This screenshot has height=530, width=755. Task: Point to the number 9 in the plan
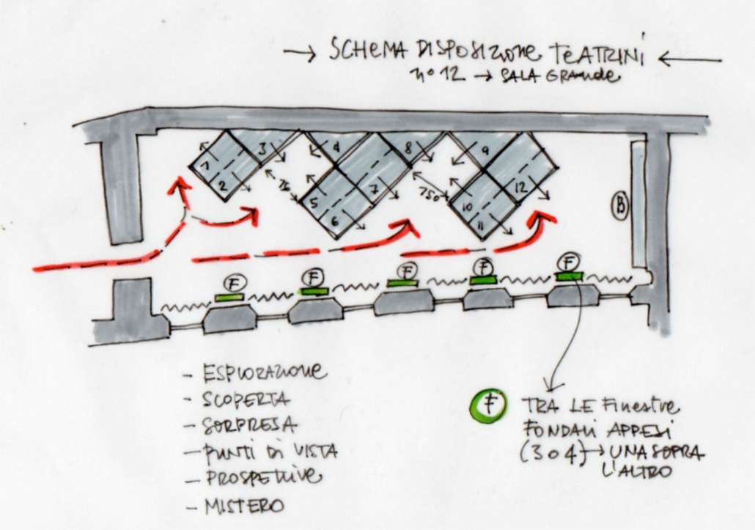(x=485, y=150)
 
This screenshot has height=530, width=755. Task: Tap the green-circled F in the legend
(x=485, y=405)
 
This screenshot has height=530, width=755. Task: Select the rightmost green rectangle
(x=570, y=276)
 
